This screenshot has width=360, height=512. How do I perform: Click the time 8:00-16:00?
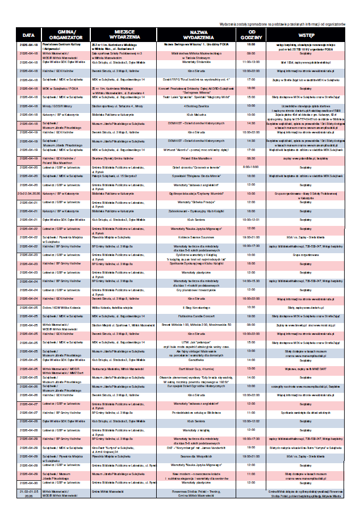[x=251, y=167]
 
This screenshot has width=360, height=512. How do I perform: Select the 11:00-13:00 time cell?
[x=251, y=61]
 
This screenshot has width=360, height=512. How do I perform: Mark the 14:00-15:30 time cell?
[x=251, y=280]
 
